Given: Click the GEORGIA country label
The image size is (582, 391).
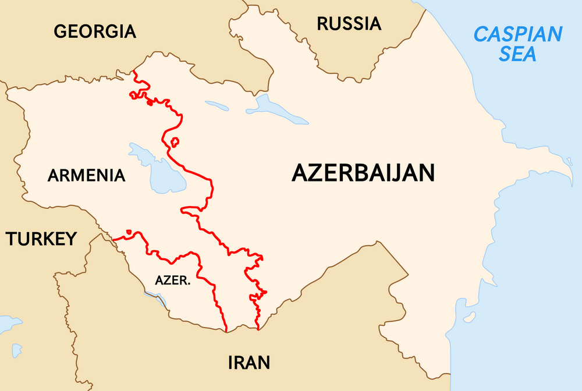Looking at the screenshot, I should [x=95, y=31].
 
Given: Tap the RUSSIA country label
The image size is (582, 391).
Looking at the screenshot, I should [x=349, y=24].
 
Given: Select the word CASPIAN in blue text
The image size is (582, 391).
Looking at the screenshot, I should [x=517, y=34].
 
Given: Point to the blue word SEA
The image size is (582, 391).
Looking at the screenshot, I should [x=518, y=54].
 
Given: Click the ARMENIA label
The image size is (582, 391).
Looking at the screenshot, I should [x=86, y=175].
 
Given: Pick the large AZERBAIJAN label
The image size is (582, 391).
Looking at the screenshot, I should [x=363, y=173].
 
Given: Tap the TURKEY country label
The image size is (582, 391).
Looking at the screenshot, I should [x=41, y=239].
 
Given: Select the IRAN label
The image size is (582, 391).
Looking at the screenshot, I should [x=249, y=363].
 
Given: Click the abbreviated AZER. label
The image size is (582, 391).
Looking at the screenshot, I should [x=173, y=280].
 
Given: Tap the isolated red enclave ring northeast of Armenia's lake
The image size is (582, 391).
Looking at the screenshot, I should [x=175, y=141].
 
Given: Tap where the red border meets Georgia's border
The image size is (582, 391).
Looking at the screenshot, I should [x=134, y=72].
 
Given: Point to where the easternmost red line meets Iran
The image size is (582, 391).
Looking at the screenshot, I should [x=258, y=329].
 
